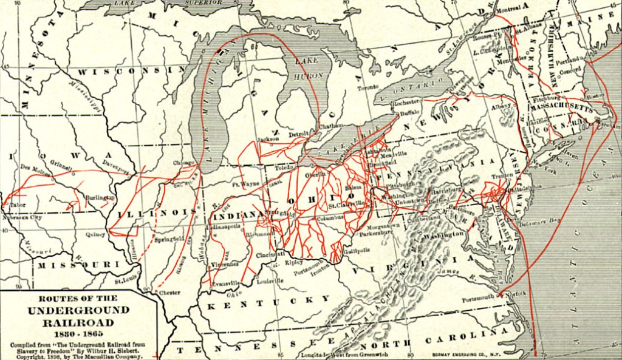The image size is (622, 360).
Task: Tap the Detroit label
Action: [x=299, y=133]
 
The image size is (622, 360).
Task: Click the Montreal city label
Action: [x=508, y=8]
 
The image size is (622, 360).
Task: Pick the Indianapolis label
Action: [x=224, y=226]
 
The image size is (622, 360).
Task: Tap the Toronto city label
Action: [x=367, y=87]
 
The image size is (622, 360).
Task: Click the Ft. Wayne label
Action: [x=245, y=183]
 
